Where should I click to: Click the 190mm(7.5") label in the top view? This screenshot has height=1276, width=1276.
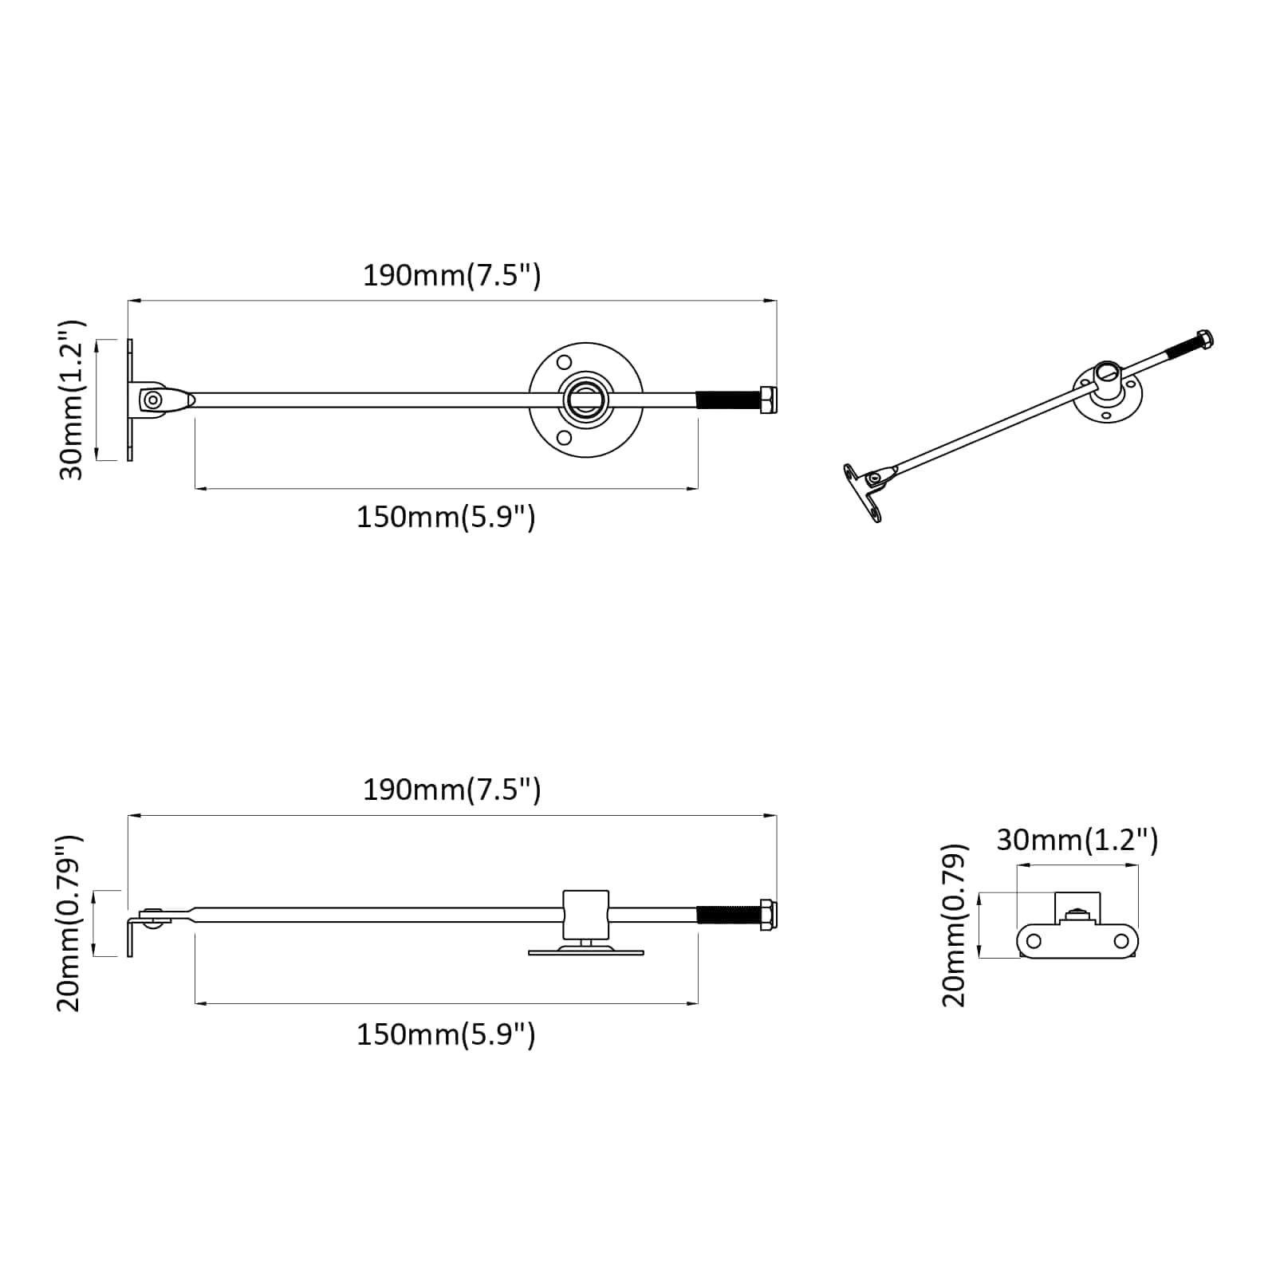pyautogui.click(x=451, y=276)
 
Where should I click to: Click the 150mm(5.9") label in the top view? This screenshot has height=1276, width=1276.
pyautogui.click(x=446, y=518)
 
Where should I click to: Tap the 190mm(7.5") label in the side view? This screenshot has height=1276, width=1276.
pyautogui.click(x=451, y=790)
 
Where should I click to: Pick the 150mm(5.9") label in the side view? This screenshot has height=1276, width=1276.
pyautogui.click(x=446, y=1034)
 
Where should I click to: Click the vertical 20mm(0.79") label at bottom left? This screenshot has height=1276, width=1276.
pyautogui.click(x=69, y=923)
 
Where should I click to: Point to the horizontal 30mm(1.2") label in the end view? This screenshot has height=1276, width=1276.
pyautogui.click(x=1077, y=840)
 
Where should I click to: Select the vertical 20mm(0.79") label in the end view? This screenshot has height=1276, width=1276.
pyautogui.click(x=954, y=925)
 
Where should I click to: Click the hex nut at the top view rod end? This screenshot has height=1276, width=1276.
pyautogui.click(x=768, y=399)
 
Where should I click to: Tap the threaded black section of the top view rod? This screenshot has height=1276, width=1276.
pyautogui.click(x=727, y=399)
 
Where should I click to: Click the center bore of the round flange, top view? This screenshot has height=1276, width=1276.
pyautogui.click(x=585, y=399)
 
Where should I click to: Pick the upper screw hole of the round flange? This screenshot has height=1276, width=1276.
pyautogui.click(x=565, y=362)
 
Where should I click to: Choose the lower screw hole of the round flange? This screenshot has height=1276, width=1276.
pyautogui.click(x=565, y=437)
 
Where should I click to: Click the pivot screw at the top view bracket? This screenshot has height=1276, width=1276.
pyautogui.click(x=152, y=400)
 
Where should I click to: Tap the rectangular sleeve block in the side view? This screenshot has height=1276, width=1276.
pyautogui.click(x=585, y=915)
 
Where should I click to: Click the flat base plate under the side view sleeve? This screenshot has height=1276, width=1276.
pyautogui.click(x=585, y=951)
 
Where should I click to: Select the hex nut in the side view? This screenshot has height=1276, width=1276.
pyautogui.click(x=768, y=915)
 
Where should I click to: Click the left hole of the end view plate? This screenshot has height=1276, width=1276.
pyautogui.click(x=1034, y=941)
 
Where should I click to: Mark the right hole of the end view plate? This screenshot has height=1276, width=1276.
pyautogui.click(x=1121, y=941)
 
